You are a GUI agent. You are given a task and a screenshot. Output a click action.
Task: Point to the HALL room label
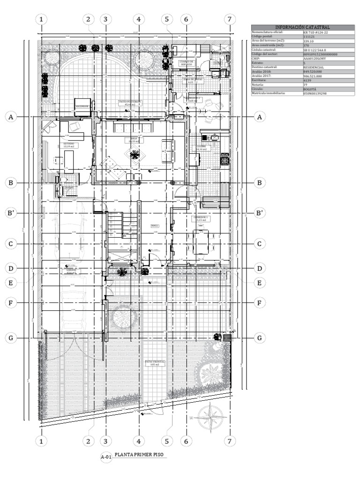pos(154,225)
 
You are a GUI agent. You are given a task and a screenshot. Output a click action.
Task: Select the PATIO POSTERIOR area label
pos(129,103)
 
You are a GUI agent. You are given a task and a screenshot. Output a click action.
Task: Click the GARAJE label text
pos(71,270)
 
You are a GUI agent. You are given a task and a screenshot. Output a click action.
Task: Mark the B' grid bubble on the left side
pos(12,213)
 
